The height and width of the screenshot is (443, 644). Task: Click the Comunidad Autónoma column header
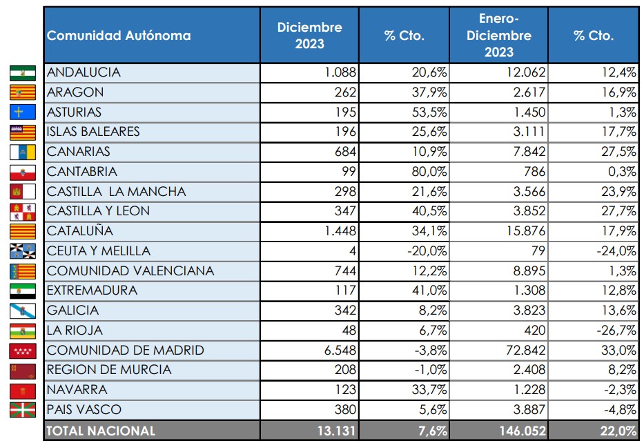click(119, 35)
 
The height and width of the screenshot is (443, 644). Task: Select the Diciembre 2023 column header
click(309, 35)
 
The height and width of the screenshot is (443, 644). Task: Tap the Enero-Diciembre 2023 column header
click(498, 35)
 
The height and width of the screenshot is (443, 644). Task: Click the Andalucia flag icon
click(23, 72)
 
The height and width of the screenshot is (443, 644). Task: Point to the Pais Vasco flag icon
click(23, 410)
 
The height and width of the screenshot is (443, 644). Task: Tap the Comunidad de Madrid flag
click(23, 351)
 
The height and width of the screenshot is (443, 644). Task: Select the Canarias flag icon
click(23, 152)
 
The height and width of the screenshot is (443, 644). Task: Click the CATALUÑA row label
click(80, 231)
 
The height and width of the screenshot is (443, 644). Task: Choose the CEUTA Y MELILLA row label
click(99, 251)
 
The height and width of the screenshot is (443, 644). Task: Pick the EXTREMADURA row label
click(92, 291)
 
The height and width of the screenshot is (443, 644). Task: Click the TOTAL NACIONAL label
click(101, 431)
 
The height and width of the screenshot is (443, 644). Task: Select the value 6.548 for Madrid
click(338, 351)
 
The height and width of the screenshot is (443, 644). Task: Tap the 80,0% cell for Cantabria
click(428, 172)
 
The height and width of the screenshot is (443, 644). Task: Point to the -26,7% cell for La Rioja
click(616, 331)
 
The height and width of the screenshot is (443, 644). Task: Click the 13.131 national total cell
click(335, 431)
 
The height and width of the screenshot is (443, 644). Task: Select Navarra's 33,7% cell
click(428, 390)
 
